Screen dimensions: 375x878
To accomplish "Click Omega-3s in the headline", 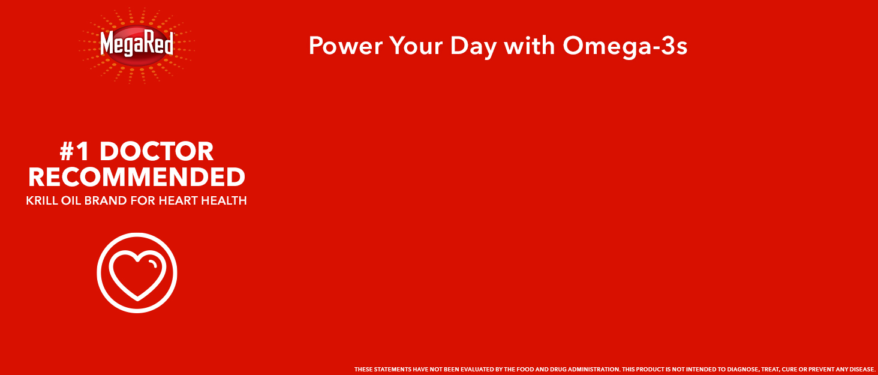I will tap(624, 46).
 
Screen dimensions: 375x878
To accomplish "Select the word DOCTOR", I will tap(157, 152).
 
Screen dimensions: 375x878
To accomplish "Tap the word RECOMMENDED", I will tap(137, 178).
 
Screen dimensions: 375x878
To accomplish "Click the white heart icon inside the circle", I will tap(137, 273).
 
